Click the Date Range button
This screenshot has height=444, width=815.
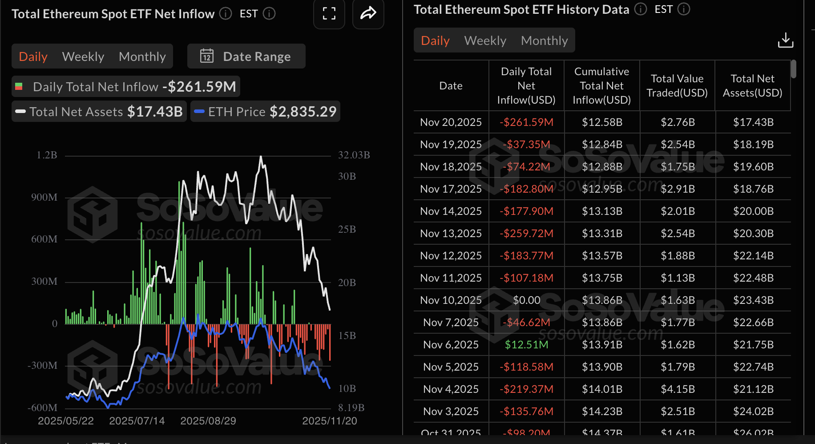pos(246,57)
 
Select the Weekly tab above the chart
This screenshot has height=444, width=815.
pos(83,57)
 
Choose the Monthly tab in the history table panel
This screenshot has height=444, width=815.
pos(544,40)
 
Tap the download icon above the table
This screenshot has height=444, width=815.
pos(785,40)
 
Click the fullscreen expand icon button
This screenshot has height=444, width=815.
pos(329,14)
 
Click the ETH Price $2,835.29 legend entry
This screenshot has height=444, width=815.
pos(266,112)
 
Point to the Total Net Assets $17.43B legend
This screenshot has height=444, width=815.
pos(99,112)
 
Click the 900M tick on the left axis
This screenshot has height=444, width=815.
pos(44,197)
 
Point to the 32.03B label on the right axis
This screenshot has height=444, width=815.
pos(354,155)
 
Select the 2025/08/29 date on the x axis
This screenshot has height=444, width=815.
pos(208,421)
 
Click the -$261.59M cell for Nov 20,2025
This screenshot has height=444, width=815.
pos(526,122)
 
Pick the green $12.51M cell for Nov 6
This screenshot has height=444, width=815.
pos(526,345)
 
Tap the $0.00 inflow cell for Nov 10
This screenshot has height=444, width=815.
pos(526,300)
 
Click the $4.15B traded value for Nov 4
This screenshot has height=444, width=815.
pos(677,389)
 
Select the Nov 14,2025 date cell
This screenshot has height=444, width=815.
pos(451,211)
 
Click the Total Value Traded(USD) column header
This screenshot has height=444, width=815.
pos(677,85)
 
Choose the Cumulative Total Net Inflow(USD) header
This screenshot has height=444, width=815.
pos(601,85)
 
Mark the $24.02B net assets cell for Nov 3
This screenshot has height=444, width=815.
pos(753,412)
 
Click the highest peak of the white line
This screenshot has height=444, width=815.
pos(261,157)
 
